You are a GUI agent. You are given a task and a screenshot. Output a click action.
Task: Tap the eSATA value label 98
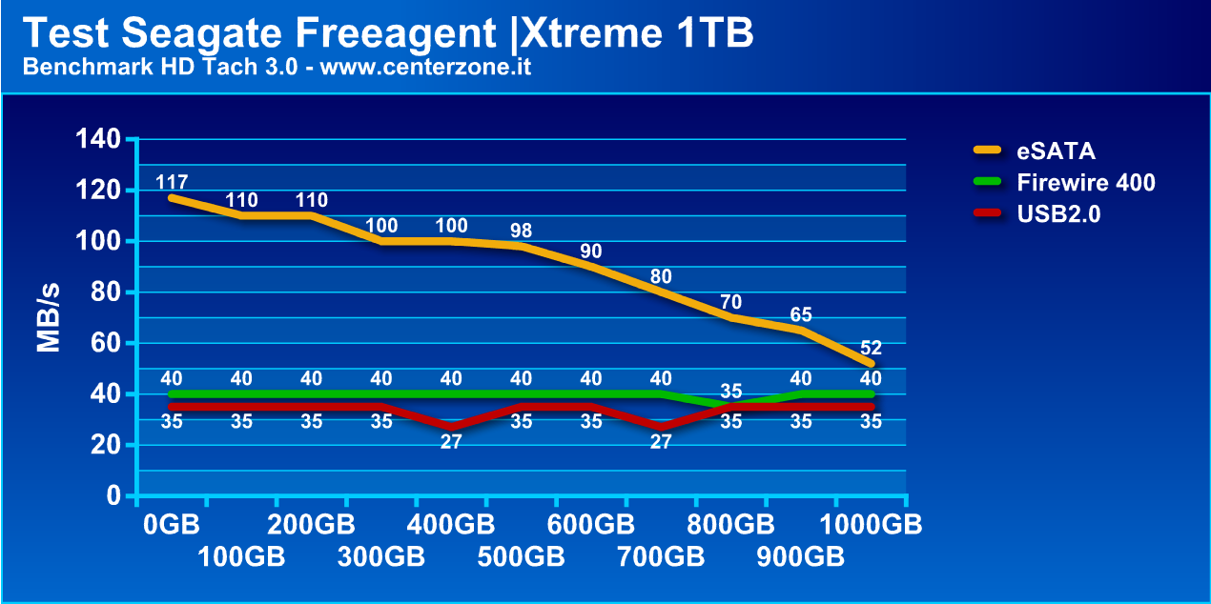(521, 230)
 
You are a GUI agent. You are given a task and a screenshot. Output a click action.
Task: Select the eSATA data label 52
(871, 348)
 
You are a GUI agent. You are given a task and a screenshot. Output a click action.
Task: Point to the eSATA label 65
(801, 315)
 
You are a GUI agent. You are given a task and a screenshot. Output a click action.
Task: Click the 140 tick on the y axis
(98, 140)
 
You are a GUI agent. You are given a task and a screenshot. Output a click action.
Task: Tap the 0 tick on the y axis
(113, 496)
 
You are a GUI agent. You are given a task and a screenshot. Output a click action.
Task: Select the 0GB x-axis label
(172, 525)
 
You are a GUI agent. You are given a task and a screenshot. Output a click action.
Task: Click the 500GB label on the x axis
(521, 557)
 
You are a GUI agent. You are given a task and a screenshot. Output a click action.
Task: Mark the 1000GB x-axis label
(872, 525)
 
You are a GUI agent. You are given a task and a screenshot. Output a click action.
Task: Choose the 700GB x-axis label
(661, 557)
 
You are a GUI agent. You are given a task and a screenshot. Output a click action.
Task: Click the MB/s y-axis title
(50, 317)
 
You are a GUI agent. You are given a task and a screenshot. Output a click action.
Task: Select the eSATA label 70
(730, 302)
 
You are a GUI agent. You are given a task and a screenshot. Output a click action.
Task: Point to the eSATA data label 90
(591, 252)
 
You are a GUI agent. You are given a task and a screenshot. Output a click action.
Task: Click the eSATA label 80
(661, 277)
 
